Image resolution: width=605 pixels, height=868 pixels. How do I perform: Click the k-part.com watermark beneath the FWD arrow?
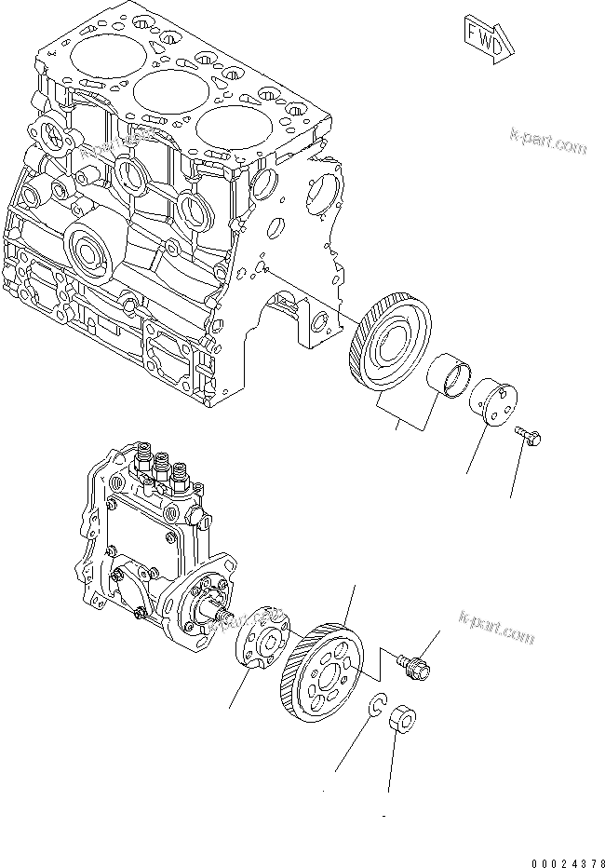549,142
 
